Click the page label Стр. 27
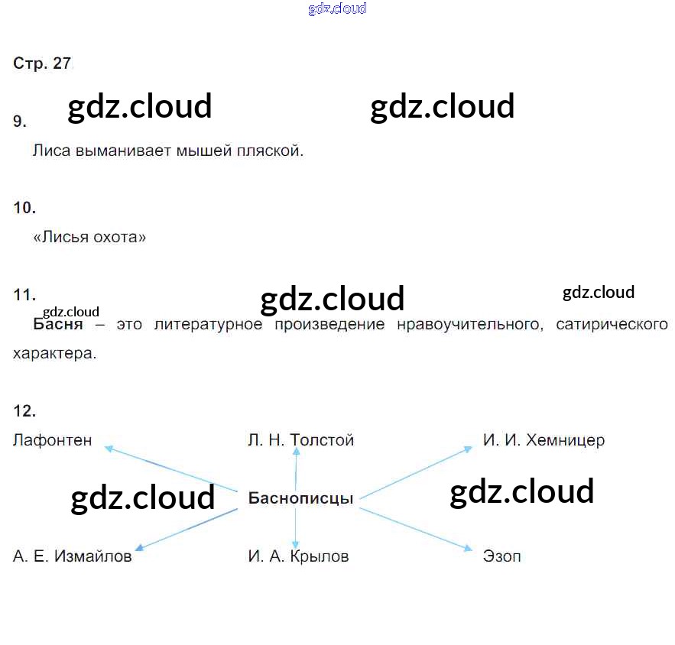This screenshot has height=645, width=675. point(42,64)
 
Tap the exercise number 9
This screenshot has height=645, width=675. point(20,122)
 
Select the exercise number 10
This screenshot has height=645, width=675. point(24,208)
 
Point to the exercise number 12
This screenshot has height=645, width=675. point(24,411)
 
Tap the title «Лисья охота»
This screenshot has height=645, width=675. point(89,238)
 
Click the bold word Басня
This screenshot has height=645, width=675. point(58,325)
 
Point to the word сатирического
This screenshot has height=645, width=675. point(612,325)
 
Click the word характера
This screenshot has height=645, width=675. point(54,355)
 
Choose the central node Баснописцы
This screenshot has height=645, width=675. point(300,499)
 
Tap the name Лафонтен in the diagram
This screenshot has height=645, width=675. point(52,440)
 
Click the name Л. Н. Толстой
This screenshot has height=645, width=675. point(300,440)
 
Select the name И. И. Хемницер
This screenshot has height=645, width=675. point(544,440)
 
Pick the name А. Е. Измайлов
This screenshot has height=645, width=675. point(72,557)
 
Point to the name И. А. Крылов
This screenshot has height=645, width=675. point(298,557)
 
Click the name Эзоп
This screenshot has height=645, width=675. point(501,557)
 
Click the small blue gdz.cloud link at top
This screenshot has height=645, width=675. point(337,8)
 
